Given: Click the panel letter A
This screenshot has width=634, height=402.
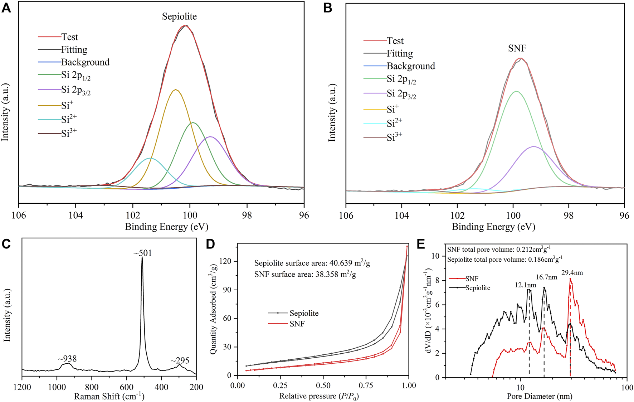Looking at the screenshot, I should [x=6, y=8].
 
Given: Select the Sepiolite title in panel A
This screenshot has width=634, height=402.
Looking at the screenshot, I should [x=179, y=16].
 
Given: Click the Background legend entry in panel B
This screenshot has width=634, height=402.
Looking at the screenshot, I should [x=410, y=66].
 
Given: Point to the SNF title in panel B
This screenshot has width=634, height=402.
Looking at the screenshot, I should [x=517, y=48].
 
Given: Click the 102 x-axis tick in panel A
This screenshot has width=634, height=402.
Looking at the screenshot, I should [x=133, y=215].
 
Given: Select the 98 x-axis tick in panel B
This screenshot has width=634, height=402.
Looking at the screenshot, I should [x=569, y=215].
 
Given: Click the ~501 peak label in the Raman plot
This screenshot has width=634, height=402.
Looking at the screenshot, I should [x=143, y=253].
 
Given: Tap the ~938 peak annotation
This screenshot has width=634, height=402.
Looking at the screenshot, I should [x=67, y=359].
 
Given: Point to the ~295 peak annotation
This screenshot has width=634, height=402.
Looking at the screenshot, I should [x=180, y=360].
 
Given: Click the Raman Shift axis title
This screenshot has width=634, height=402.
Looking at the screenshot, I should [x=109, y=396].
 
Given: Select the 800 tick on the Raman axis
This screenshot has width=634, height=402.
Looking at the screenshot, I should [x=92, y=387].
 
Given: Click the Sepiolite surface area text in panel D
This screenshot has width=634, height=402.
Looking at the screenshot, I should [x=312, y=263].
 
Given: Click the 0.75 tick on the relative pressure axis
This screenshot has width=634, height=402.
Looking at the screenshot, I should [x=366, y=386].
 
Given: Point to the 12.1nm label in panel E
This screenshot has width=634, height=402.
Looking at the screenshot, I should [x=525, y=285].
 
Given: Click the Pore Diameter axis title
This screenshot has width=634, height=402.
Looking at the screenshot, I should [x=539, y=396].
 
